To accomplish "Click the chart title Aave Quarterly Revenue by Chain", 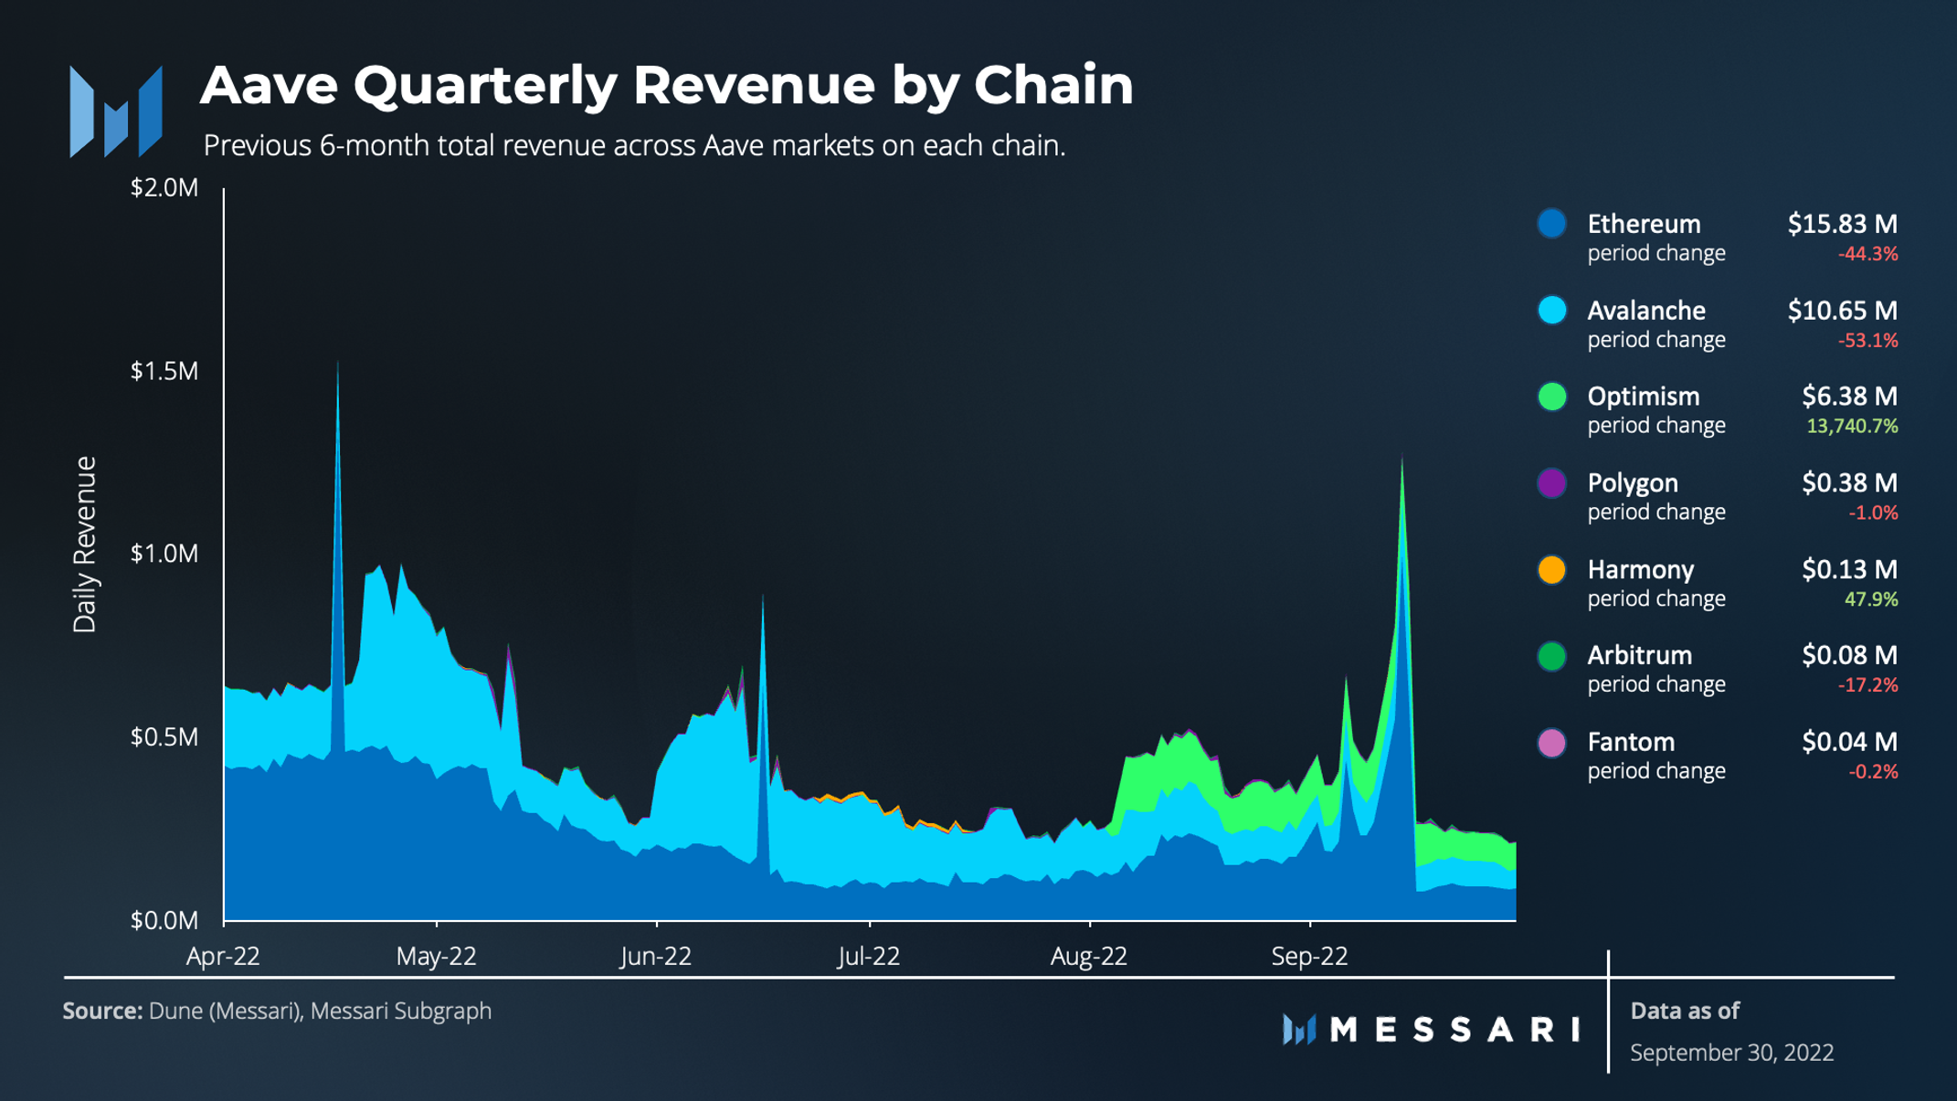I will tap(666, 85).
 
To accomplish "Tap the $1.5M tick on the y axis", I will tap(164, 371).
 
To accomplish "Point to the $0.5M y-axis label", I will tap(164, 736).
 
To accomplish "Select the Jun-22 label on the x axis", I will tap(655, 956).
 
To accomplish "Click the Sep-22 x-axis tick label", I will tap(1309, 956).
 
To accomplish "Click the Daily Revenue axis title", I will tap(85, 545).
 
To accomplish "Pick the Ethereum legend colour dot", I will tap(1551, 224).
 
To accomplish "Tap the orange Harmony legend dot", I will tap(1551, 570).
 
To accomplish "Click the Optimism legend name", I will tap(1643, 397).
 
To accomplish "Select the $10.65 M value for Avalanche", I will tap(1842, 311).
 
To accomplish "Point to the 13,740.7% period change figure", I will tap(1852, 426).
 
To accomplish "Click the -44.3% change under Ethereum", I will tap(1867, 254).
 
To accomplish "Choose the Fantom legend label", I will tap(1631, 742).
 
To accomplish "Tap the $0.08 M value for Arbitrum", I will tap(1849, 655).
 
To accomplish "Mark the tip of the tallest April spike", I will tap(337, 364).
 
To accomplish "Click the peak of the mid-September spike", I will tap(1402, 457).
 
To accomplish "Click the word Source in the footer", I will tap(101, 1011).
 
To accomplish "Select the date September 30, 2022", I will tap(1731, 1053).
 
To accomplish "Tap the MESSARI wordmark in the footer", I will tap(1453, 1030).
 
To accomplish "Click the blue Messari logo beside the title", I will tap(116, 111).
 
